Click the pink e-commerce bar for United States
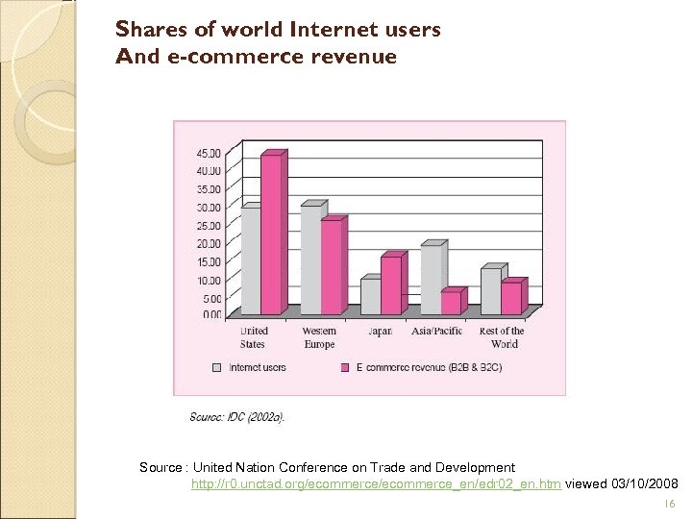point(271,235)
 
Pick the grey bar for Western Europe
point(310,260)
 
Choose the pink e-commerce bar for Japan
point(390,285)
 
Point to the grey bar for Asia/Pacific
point(431,280)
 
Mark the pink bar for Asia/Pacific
point(451,303)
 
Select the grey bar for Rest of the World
point(490,291)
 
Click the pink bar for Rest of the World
point(510,298)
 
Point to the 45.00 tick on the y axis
point(209,153)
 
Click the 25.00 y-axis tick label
point(209,226)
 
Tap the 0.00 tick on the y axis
point(210,315)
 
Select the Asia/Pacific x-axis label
point(437,332)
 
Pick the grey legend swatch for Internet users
point(216,367)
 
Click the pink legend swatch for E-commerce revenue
point(344,367)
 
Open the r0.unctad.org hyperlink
point(376,482)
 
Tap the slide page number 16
point(670,503)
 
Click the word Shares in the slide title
point(149,30)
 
